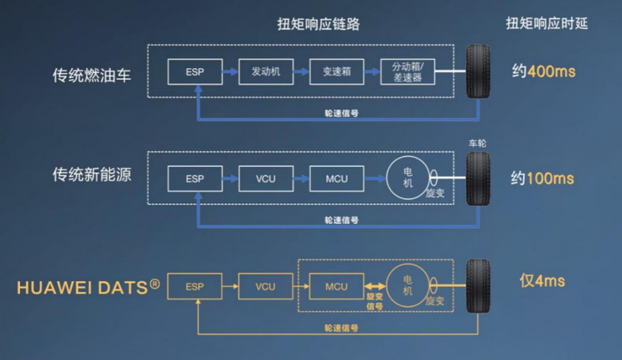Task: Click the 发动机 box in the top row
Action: coord(265,71)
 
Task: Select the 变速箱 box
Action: coord(337,71)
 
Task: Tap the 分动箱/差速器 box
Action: coord(408,71)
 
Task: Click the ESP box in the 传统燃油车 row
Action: coord(195,71)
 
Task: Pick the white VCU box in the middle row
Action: coord(265,178)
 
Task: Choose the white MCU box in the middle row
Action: coord(337,178)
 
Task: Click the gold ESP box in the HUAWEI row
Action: coord(195,286)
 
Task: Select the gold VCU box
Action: coord(265,286)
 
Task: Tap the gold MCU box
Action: coord(337,286)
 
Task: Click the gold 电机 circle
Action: coord(407,286)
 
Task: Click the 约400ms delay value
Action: coord(543,71)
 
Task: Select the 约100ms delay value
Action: coord(543,178)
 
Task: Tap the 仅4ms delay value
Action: coord(542,281)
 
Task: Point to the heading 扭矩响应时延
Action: coord(547,23)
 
